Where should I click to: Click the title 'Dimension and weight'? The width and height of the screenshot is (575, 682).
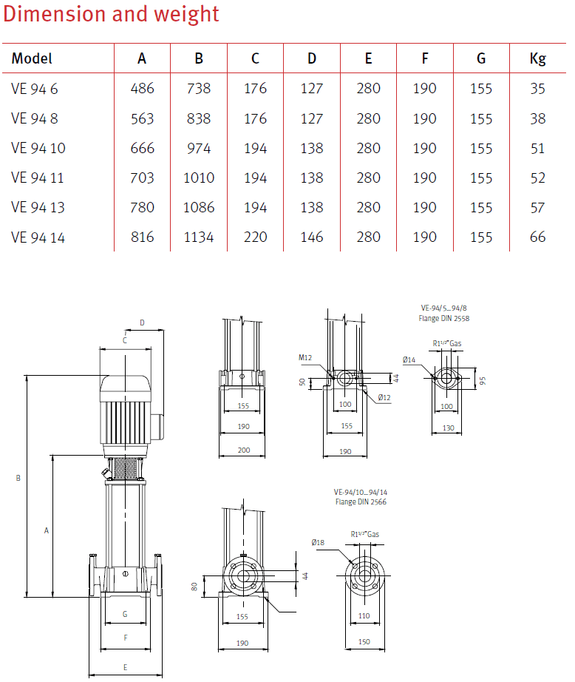pos(112,14)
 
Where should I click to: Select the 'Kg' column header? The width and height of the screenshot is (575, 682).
pos(537,58)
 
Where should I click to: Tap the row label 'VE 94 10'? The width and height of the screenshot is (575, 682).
pos(38,148)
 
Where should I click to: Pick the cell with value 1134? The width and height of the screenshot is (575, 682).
pos(199,237)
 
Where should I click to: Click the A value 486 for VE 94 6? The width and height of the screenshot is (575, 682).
pos(142,88)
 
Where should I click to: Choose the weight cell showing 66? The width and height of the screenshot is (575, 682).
pos(537,237)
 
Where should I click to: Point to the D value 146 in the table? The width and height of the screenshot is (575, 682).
pos(312,237)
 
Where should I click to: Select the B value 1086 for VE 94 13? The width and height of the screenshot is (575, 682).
pos(199,207)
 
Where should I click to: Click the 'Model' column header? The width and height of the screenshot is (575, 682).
pos(32,58)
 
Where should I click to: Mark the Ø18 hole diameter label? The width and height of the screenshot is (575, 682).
pos(318,543)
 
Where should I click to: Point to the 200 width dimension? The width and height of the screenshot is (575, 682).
pos(243,450)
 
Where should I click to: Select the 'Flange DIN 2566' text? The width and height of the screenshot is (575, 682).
pos(361,502)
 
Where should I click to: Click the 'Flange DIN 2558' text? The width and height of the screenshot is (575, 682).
pos(444,319)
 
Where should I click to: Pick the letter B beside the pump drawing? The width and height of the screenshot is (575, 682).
pos(18,479)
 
